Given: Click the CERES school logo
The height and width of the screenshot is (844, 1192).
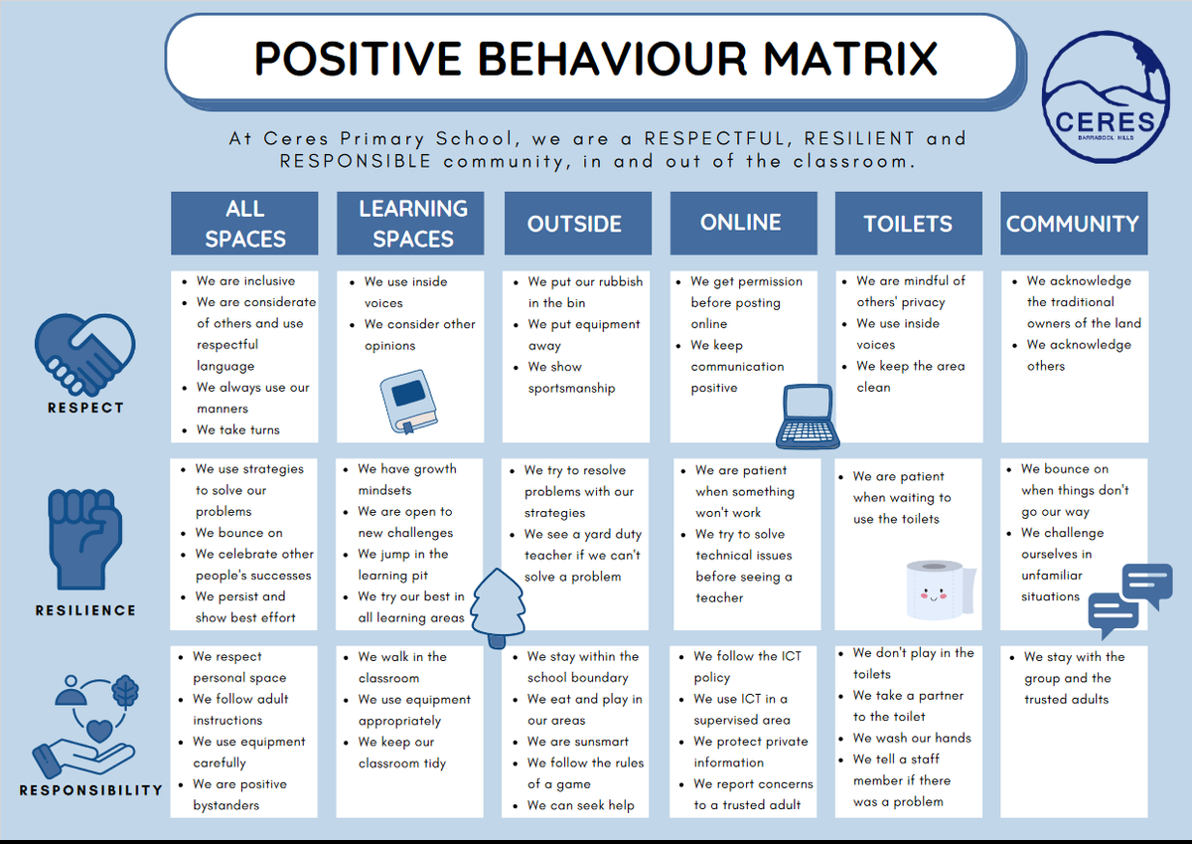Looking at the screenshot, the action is (x=1106, y=96).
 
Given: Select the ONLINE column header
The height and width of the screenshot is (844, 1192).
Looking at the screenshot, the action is (x=743, y=223).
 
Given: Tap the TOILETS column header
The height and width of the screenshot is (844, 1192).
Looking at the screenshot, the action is (x=908, y=223).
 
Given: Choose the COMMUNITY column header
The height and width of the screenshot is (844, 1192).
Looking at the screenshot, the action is (x=1074, y=223).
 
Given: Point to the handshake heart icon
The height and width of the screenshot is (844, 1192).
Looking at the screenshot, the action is (x=85, y=354).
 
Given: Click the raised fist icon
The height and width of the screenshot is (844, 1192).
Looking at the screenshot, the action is (x=85, y=539).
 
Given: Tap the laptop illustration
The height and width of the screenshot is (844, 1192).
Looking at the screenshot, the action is (x=808, y=417).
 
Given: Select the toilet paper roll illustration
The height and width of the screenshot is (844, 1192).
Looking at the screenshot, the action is (x=941, y=590).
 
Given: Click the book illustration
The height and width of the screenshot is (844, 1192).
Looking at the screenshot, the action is (x=408, y=402).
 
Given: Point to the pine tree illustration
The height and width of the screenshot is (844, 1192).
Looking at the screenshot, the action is (x=498, y=607).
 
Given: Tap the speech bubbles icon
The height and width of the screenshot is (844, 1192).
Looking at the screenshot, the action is (x=1130, y=600).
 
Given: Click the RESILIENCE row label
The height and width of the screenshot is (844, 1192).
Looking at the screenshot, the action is (x=85, y=610).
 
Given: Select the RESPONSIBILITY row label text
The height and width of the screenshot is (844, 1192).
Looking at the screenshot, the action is (x=91, y=789).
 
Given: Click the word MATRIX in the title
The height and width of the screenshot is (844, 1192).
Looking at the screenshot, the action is (x=850, y=59).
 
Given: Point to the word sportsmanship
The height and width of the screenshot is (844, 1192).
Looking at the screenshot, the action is (x=571, y=388).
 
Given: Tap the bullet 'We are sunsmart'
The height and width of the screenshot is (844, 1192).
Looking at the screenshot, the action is (x=577, y=742).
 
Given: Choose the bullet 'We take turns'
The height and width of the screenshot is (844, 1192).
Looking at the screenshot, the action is (x=237, y=429).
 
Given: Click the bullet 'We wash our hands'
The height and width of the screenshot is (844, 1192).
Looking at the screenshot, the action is (x=912, y=738).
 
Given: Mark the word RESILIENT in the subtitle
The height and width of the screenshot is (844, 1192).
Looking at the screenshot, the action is (x=859, y=138).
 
